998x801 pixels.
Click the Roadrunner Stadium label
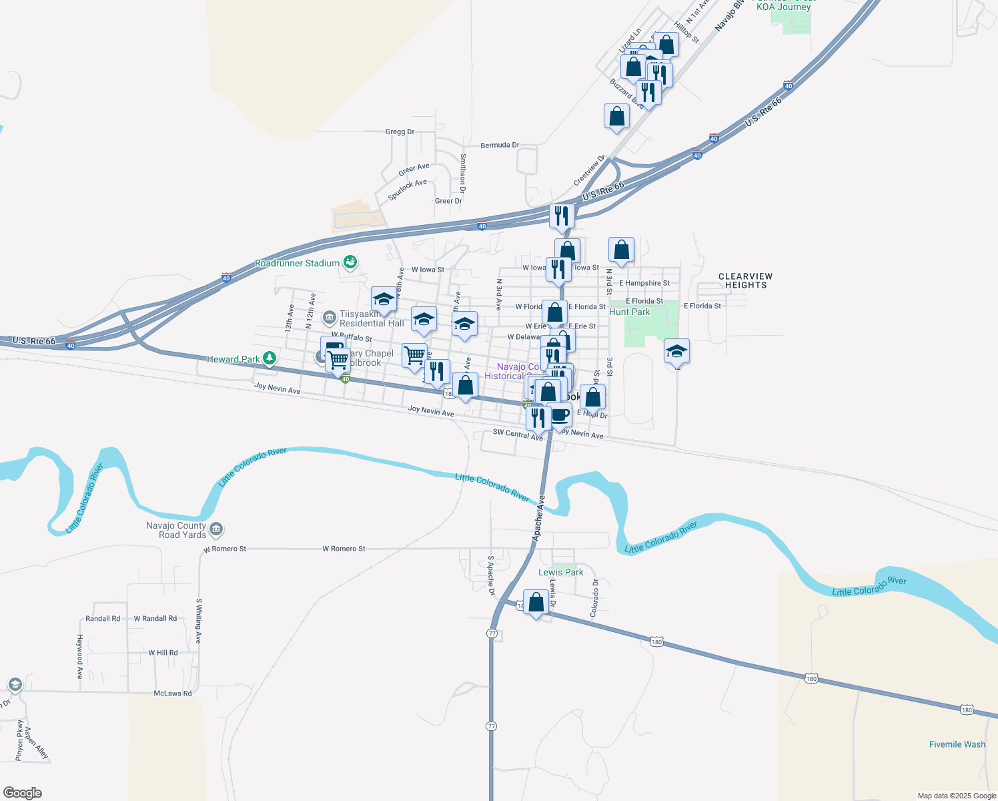click(297, 264)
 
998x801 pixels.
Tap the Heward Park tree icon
click(270, 359)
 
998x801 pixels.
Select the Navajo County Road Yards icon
click(215, 530)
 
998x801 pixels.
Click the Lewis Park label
click(560, 572)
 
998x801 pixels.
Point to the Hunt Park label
click(629, 312)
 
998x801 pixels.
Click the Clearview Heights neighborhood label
click(745, 280)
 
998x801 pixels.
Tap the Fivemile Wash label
click(957, 744)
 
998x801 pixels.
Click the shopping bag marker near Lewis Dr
click(536, 603)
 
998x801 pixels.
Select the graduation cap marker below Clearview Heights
click(676, 351)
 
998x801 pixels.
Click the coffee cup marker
click(560, 415)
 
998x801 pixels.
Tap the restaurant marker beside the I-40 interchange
click(562, 216)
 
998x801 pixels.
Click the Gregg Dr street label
click(400, 131)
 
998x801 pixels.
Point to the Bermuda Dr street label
click(500, 145)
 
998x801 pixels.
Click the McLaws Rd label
click(173, 694)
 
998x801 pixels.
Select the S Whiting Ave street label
click(199, 621)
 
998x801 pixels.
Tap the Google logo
click(23, 793)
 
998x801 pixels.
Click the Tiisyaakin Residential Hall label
click(371, 318)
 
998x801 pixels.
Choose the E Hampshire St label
click(644, 283)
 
